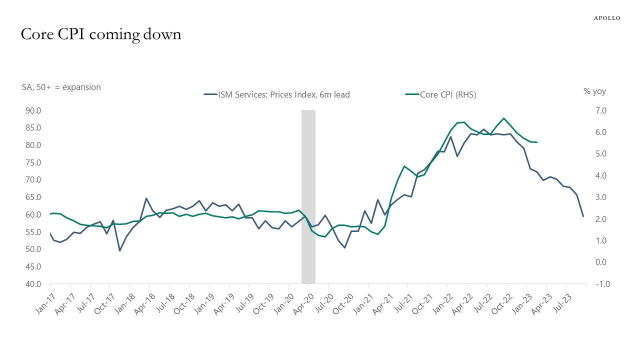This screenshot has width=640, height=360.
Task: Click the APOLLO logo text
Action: (x=607, y=18)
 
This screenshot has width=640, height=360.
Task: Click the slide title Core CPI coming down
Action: (x=100, y=34)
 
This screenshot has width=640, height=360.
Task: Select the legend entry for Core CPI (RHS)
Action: (x=440, y=94)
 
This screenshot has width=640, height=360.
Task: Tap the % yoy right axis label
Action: (x=594, y=91)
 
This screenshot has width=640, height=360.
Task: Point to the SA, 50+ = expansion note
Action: (x=60, y=87)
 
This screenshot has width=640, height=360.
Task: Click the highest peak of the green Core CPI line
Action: (x=503, y=118)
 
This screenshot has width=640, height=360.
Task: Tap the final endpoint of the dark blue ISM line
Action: (x=583, y=216)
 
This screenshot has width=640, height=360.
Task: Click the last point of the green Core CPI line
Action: (x=536, y=142)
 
